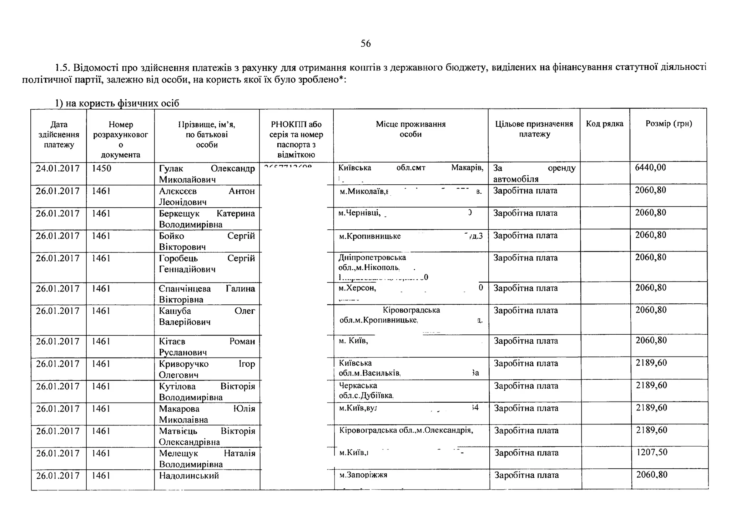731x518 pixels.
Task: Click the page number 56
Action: [x=365, y=44]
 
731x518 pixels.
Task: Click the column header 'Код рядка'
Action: [x=604, y=124]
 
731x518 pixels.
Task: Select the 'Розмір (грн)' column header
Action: [x=669, y=124]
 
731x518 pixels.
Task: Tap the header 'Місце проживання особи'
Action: [x=410, y=129]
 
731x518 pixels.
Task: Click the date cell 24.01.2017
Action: [x=58, y=168]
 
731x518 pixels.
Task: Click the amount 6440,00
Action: [x=650, y=168]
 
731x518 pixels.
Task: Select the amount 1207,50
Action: [x=652, y=452]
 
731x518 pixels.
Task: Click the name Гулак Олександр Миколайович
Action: [x=207, y=174]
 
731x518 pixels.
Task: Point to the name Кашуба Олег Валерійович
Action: [x=207, y=316]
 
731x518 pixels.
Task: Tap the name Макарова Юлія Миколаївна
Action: [x=207, y=414]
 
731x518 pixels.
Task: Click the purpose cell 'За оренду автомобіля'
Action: [x=534, y=173]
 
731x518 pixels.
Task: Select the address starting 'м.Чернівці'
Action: [x=360, y=213]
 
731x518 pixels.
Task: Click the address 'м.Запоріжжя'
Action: [x=363, y=475]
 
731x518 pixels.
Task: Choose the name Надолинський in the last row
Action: [x=189, y=475]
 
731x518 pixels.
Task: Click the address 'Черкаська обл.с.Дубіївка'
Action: [x=366, y=390]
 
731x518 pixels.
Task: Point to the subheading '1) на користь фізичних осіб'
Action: [x=117, y=103]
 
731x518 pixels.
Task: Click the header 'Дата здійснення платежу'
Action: [x=59, y=135]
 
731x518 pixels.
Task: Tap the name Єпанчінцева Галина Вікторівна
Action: [x=207, y=294]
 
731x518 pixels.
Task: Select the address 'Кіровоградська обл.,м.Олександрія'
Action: [x=406, y=430]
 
